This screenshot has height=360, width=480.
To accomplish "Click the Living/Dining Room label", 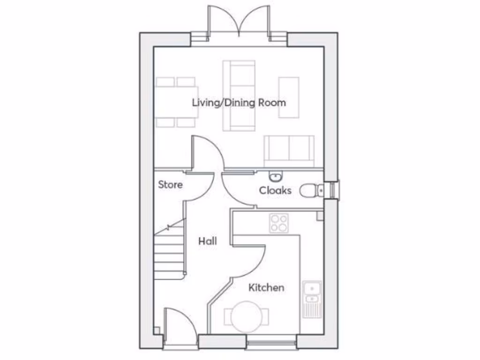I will tap(239, 102).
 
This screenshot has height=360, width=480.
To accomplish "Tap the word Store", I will tap(170, 184).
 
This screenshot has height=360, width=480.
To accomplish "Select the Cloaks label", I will tap(275, 190).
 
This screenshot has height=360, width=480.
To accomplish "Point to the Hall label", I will tap(207, 241).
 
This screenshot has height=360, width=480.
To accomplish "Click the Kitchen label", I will tap(266, 287).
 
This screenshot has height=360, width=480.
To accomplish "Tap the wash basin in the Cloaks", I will tap(275, 176).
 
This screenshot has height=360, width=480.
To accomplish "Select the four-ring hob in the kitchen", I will tap(278, 223).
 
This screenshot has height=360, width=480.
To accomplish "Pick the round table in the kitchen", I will tap(247, 317).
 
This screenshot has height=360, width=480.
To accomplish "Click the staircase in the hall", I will tap(170, 251).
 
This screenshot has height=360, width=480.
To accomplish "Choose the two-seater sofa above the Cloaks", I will tap(289, 150).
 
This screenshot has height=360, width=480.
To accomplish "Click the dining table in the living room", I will tap(177, 102).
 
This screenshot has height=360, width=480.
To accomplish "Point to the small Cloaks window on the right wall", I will tap(333, 190).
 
